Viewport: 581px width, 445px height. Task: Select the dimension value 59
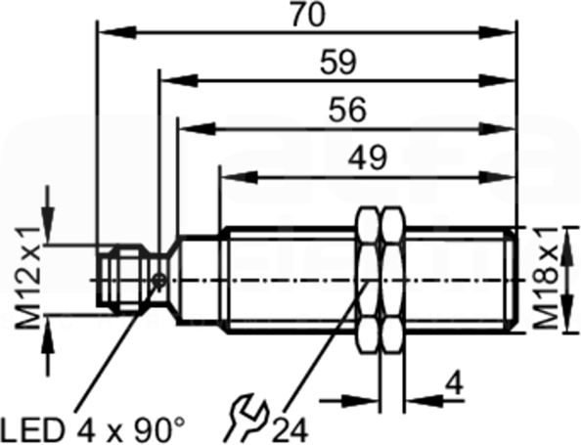coord(338,62)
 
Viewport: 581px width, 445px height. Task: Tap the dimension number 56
coord(347,110)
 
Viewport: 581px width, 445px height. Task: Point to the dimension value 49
coord(368,157)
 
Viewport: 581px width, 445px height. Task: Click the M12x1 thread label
coord(27,278)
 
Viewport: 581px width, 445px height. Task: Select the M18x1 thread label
coord(545,279)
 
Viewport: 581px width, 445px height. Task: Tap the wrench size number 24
coord(290,430)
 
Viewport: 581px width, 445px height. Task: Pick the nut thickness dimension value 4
coord(454,383)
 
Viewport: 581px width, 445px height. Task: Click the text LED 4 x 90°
coord(93,429)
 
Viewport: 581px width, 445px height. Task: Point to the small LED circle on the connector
coord(159,281)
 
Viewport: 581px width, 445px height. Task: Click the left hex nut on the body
coord(368,280)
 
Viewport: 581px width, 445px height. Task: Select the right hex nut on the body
coord(393,280)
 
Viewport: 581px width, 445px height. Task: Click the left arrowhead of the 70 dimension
coord(116,32)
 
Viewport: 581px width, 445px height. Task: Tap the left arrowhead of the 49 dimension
coord(239,177)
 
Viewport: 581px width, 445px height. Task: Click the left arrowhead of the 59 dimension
coord(179,80)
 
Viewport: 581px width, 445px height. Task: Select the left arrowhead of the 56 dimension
coord(198,129)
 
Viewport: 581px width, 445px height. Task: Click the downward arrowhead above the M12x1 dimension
coord(47,225)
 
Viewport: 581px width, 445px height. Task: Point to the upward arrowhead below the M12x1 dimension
coord(47,334)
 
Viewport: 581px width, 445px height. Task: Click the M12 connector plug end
coord(119,279)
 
